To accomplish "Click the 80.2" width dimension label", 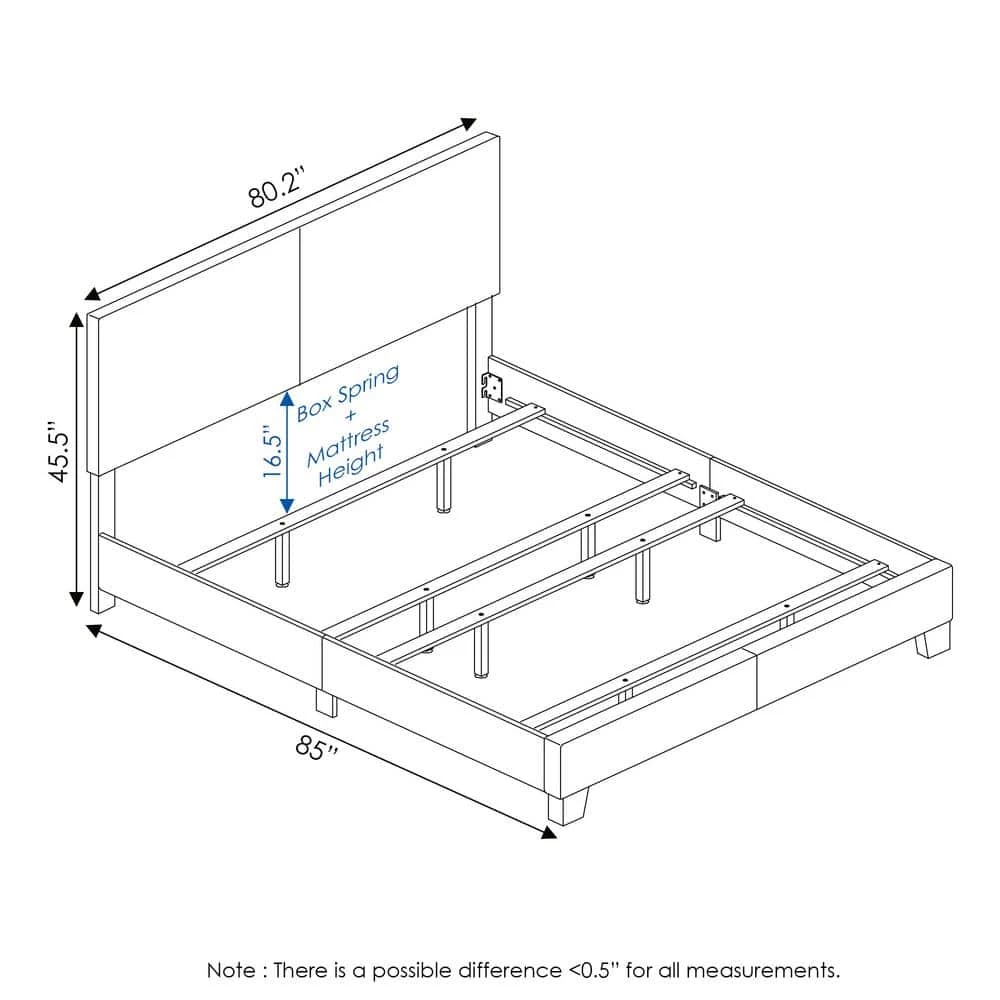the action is coord(277,188).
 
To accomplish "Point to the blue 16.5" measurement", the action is coord(272,453).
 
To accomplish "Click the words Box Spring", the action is coord(348,392).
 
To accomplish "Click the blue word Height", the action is coord(351,466).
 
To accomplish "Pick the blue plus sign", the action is coord(350,417).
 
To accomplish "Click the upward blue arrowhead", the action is coord(287,400).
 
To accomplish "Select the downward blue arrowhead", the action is coord(287,505).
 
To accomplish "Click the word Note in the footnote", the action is coord(231,971).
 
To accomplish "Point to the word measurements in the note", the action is coord(763,971).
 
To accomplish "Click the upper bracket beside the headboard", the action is coord(492,387).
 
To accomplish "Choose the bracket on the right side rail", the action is coord(707,497).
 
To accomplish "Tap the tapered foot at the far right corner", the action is coord(933,641).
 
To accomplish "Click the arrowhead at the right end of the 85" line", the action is coord(548,832).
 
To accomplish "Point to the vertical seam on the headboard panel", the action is coord(299,305).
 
